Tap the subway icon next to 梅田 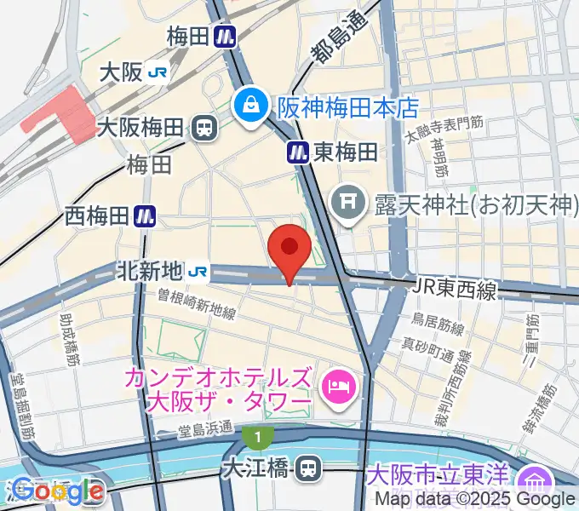225,37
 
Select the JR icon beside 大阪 158,72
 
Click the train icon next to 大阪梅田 204,128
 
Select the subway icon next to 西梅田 145,217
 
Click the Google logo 57,491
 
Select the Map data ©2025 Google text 464,499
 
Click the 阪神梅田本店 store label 348,107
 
